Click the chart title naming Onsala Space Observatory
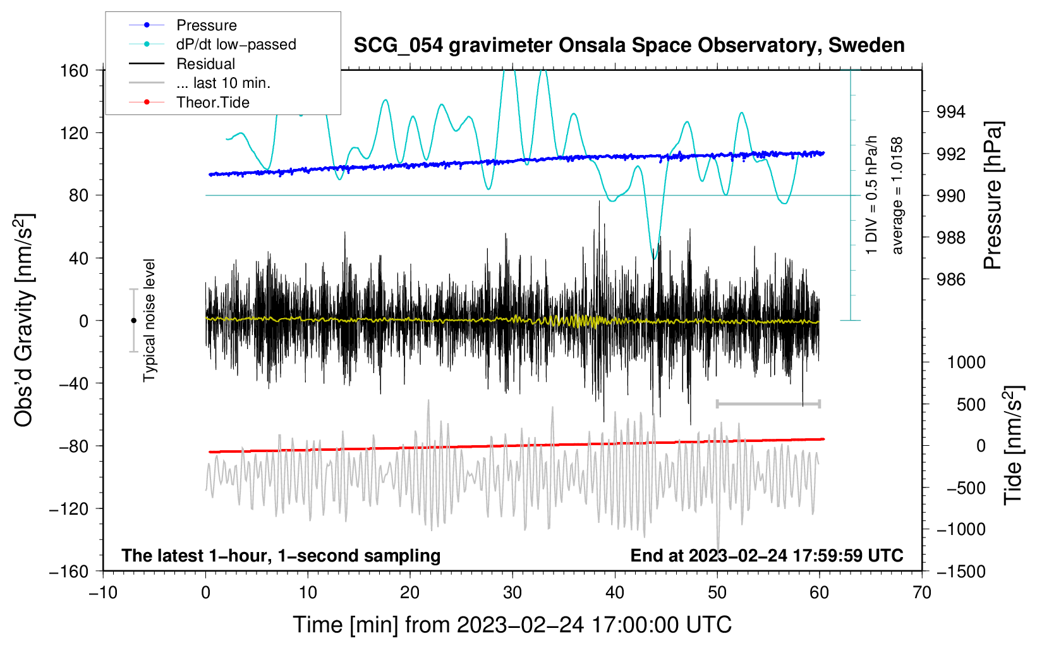coord(629,46)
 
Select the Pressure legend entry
coord(206,25)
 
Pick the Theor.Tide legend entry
coord(212,102)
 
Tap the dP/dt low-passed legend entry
coord(236,44)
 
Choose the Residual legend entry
coord(205,64)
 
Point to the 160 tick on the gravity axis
coord(75,71)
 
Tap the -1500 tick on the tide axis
coord(960,572)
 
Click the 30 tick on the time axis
coord(512,593)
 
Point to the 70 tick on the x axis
coord(922,593)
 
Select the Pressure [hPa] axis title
coord(993,196)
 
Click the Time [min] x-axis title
coord(512,625)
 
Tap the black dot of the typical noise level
coord(133,321)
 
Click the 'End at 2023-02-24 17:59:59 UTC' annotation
coord(767,556)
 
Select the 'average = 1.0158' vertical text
coord(897,196)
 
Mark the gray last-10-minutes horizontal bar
coord(768,403)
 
